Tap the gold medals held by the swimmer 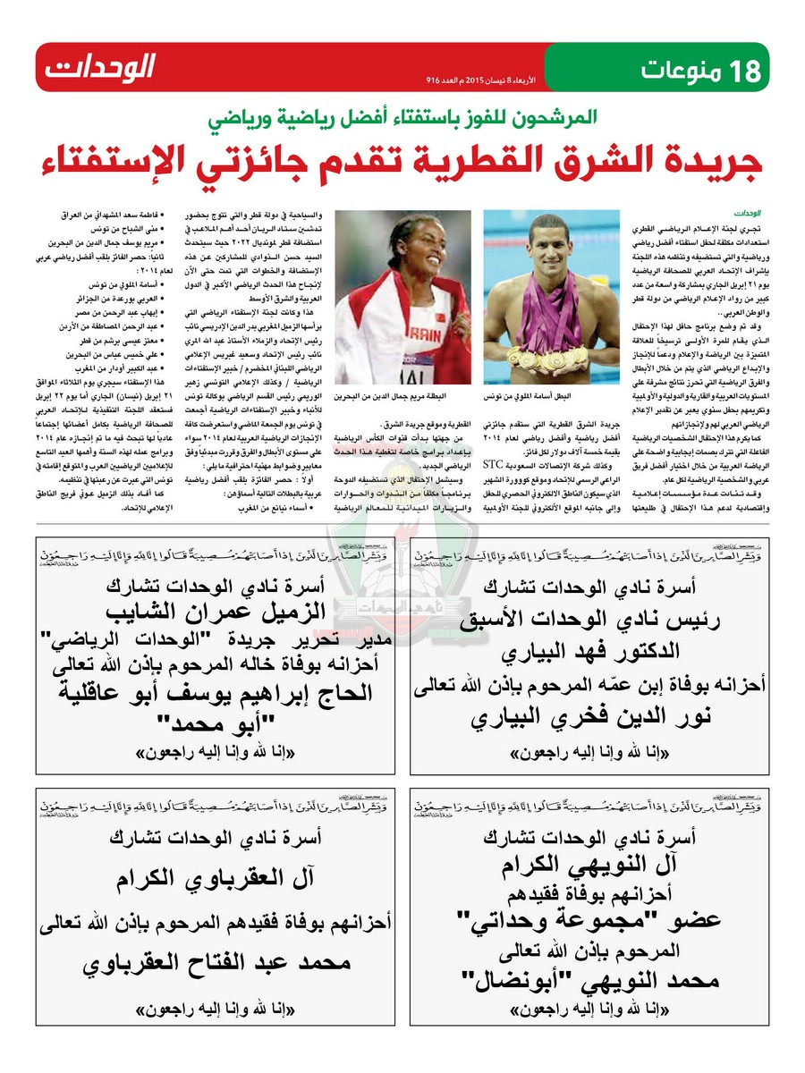549,357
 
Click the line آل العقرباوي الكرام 214,879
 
